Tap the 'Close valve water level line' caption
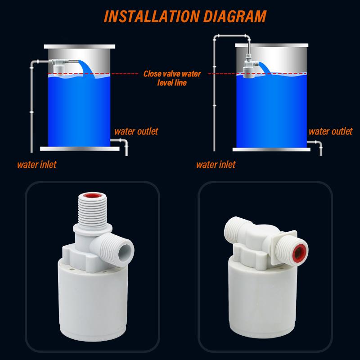tap(171, 78)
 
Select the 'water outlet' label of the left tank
tap(135, 131)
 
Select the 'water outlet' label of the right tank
tap(330, 131)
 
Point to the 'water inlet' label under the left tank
tap(36, 164)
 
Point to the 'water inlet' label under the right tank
tap(216, 164)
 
